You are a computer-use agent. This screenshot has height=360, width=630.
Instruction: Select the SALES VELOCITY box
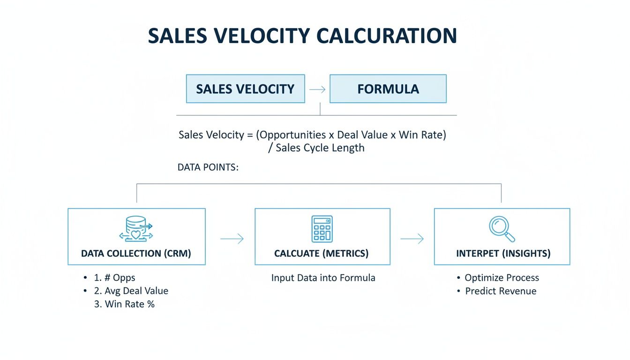[245, 89]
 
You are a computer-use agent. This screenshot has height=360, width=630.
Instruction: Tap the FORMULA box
[388, 89]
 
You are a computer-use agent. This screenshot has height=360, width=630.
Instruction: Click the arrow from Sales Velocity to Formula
[317, 89]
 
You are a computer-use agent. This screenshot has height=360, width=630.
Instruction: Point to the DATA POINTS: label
[208, 167]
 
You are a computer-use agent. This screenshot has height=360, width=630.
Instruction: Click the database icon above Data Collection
[136, 228]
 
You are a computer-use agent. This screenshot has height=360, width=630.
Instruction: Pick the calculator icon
[322, 228]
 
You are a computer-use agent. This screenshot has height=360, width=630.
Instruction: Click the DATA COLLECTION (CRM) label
[136, 254]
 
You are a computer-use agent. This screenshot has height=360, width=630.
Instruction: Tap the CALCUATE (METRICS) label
[322, 254]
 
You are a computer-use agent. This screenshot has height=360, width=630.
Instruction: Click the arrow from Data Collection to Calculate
[232, 239]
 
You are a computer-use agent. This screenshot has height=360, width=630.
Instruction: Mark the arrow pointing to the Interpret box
[412, 239]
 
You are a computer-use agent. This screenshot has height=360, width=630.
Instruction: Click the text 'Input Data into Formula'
[323, 277]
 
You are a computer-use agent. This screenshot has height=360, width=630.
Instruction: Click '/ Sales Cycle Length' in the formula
[314, 148]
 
